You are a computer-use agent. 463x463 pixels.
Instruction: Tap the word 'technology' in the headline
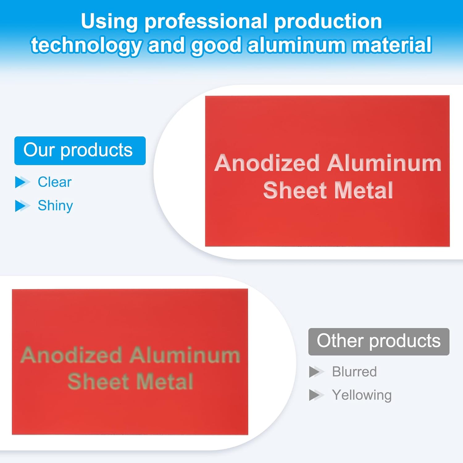(86, 46)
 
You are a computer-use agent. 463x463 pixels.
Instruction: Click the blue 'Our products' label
(80, 151)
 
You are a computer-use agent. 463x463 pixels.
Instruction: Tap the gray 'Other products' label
(379, 341)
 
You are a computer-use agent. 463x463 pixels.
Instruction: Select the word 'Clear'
(55, 182)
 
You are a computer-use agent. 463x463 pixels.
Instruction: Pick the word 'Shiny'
(55, 206)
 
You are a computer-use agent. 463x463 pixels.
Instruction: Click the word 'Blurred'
(354, 372)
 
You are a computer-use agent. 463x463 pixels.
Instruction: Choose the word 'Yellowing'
(362, 395)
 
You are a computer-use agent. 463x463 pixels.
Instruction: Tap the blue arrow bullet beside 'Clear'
(23, 182)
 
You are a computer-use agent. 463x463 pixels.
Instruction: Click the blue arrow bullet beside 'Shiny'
(23, 206)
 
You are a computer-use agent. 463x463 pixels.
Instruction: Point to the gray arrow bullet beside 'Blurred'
(316, 372)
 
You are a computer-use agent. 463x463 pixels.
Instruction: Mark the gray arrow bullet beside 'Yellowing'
(316, 395)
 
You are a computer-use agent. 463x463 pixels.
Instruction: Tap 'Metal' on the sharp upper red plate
(364, 190)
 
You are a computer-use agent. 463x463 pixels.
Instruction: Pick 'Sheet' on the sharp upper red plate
(295, 190)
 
